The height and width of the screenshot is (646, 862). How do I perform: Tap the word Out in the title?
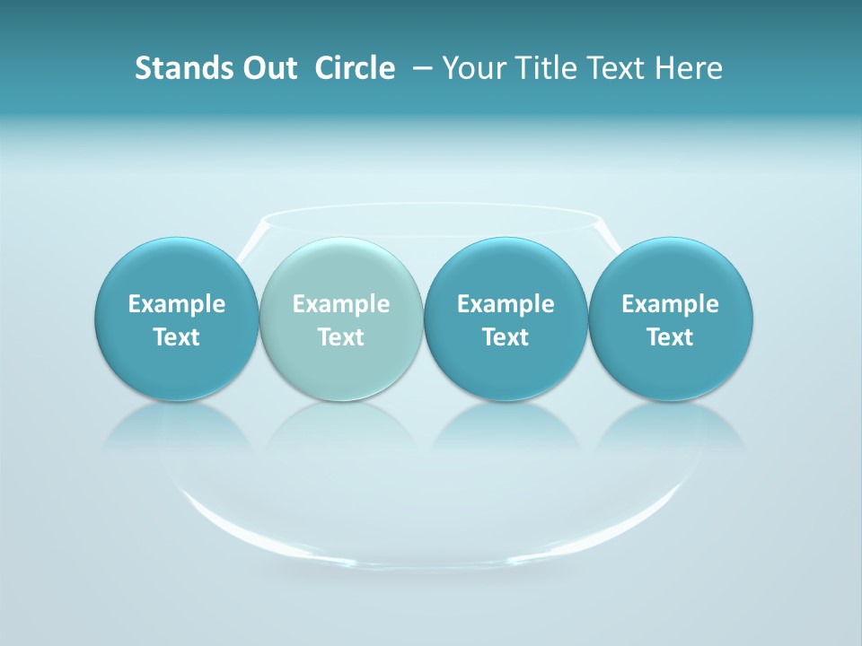pos(267,68)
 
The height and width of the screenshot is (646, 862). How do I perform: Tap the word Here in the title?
pos(689,68)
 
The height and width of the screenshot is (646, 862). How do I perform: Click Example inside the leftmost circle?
pos(177,304)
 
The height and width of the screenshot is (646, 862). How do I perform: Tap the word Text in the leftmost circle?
pos(177,337)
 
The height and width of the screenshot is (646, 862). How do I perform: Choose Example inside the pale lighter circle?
pos(341,304)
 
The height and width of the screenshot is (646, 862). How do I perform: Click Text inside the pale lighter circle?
pos(341,337)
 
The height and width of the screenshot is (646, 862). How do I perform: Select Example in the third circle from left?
pos(506,304)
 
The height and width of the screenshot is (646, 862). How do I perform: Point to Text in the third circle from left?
pos(506,337)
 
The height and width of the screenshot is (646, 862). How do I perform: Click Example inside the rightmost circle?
pos(670,304)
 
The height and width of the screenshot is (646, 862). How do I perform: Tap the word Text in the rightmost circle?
pos(670,337)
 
